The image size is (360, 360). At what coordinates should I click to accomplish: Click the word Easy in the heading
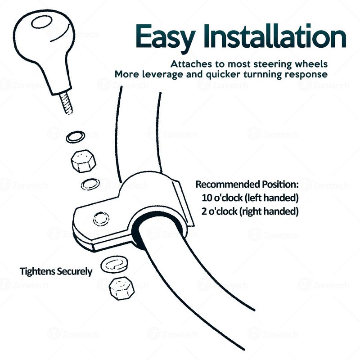165,37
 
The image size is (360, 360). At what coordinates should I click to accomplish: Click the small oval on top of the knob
42,22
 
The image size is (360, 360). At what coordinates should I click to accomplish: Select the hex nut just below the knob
83,161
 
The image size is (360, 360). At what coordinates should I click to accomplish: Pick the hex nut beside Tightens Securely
121,288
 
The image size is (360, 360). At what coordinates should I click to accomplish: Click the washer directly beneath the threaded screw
76,137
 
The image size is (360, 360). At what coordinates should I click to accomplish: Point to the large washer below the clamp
114,265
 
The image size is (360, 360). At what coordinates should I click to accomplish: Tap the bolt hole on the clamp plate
101,219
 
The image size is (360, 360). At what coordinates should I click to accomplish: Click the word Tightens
37,271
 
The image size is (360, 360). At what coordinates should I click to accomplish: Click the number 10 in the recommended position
207,198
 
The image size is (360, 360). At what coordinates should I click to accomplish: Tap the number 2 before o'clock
204,211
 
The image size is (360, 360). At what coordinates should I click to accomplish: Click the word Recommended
228,184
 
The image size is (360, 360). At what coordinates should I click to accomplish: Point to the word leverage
162,75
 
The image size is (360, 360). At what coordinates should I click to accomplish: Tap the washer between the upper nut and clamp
90,184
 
